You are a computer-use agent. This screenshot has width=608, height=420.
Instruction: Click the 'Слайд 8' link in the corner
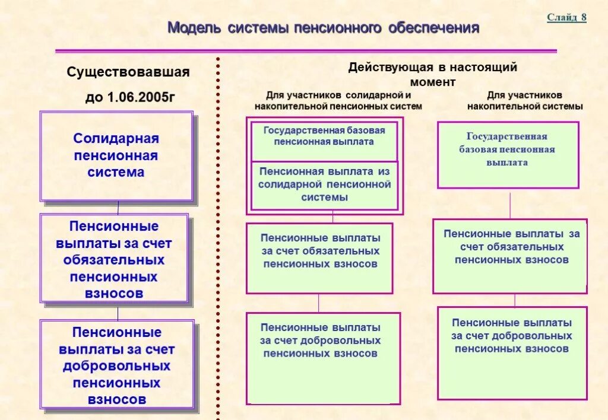pos(566,17)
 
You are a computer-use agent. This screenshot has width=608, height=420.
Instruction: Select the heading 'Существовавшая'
pos(128,72)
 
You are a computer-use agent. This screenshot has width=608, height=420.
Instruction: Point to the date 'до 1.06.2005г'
pos(130,97)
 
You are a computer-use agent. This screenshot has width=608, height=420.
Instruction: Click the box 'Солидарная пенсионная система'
pos(116,156)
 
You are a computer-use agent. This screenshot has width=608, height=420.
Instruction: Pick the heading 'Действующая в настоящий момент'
pos(432,74)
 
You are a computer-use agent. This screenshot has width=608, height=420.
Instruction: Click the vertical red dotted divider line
pos(218,237)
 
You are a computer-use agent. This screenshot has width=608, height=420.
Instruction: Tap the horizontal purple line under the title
pos(306,51)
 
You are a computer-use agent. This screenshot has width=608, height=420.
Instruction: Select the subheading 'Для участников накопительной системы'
pos(525,101)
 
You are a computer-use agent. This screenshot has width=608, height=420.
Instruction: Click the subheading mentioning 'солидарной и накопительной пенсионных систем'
pos(338,101)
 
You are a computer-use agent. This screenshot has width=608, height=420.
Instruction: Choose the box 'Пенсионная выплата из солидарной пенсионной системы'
pos(325,185)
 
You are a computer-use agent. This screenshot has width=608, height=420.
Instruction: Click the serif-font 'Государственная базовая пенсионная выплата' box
pos(508,155)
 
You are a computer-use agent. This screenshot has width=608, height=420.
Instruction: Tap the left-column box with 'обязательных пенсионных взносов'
pos(115,259)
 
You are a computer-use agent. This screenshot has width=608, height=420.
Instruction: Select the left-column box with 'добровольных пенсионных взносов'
pos(117,365)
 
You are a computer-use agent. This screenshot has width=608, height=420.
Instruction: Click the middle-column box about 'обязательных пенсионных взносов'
pos(319,258)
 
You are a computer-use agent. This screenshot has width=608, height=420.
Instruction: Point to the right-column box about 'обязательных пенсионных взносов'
pos(509,256)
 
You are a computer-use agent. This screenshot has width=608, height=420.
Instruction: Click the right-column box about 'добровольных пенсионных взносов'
pos(512,352)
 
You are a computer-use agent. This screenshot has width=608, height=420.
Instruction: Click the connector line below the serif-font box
pos(510,203)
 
